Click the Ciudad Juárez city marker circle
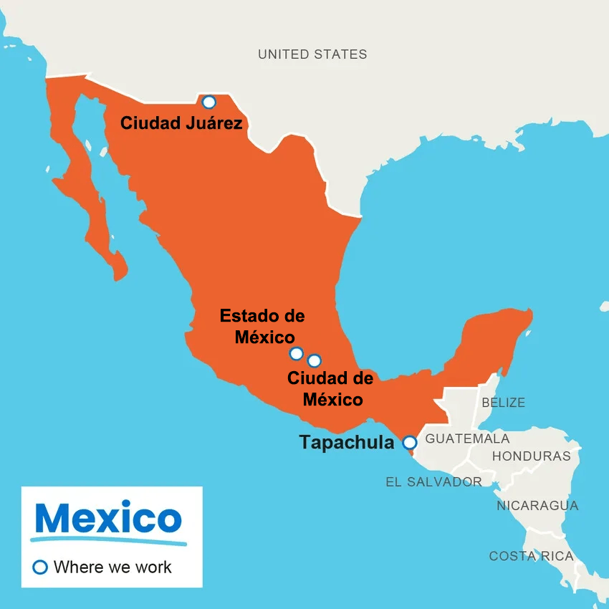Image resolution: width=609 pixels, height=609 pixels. click(208, 102)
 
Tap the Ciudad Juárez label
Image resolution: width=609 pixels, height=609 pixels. click(181, 123)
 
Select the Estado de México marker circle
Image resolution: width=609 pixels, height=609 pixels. click(296, 353)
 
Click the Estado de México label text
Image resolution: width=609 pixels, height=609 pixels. click(263, 326)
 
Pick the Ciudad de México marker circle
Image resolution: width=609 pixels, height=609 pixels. click(314, 360)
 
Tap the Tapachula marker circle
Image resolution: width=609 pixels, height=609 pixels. click(409, 442)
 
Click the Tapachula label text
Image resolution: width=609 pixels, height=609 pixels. click(347, 443)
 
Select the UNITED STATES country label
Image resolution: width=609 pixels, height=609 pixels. click(312, 54)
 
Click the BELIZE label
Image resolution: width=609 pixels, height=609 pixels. click(503, 403)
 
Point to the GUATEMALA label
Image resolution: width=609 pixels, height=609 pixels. click(467, 438)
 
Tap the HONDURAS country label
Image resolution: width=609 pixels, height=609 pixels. click(532, 456)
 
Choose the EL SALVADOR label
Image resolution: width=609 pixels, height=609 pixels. click(433, 482)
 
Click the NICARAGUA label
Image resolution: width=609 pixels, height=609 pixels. click(537, 506)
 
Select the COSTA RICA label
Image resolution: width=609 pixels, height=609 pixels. click(531, 556)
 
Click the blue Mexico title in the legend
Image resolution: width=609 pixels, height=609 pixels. click(107, 518)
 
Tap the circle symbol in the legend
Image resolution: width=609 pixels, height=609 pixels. click(41, 567)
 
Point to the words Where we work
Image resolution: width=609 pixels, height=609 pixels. click(112, 567)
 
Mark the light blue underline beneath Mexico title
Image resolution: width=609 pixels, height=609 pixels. click(107, 539)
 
